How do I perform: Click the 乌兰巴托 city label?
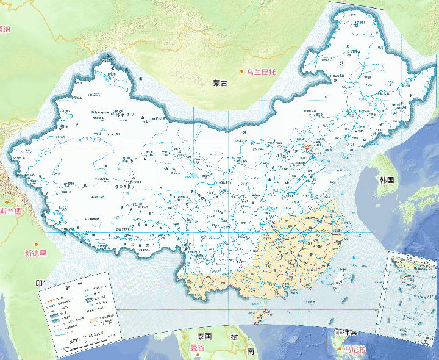262,72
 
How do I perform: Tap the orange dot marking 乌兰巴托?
242,72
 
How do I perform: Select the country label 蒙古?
220,83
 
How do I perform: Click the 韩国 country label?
387,180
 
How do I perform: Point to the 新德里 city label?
35,253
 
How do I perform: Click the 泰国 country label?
204,337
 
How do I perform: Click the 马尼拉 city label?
355,349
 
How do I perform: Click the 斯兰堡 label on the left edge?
10,212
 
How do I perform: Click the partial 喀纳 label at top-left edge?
5,29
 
